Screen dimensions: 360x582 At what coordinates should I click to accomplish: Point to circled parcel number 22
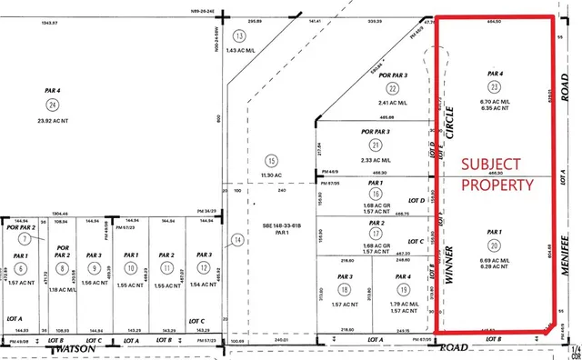(392, 88)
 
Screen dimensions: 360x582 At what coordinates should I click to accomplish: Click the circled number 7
(25, 238)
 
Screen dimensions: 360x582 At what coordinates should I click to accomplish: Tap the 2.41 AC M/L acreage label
(392, 104)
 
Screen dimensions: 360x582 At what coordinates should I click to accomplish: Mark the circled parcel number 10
(131, 269)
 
